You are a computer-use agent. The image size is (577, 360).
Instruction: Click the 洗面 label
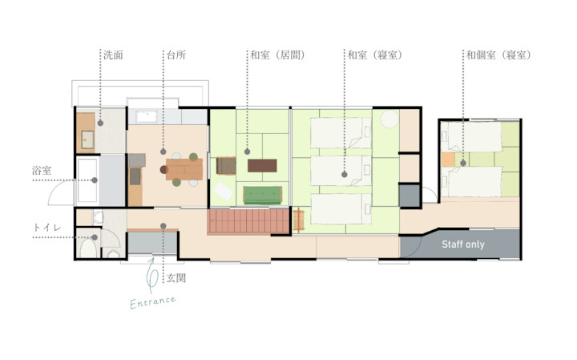point(113,55)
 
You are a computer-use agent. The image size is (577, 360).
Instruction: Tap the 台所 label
point(176,55)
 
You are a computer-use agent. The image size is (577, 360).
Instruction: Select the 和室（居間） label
point(278,55)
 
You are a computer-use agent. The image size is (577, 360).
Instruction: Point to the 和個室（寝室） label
point(498,55)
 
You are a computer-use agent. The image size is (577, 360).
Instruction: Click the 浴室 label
point(42,171)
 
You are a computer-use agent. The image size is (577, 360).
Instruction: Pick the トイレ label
point(46,228)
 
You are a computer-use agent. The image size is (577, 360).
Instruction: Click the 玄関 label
point(176,278)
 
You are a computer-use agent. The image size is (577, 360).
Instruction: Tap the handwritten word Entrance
point(153,302)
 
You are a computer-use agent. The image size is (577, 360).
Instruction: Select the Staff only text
point(463,245)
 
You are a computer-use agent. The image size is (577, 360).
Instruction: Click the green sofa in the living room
point(263,195)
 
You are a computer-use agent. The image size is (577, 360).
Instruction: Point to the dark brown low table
point(262,166)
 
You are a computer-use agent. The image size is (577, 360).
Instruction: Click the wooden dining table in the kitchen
point(184,169)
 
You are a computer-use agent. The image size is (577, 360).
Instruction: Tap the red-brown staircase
point(248,220)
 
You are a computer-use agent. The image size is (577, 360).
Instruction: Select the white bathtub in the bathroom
point(87,180)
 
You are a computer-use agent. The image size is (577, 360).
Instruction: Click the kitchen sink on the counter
point(147,117)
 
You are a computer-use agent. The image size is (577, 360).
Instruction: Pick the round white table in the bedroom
point(389,119)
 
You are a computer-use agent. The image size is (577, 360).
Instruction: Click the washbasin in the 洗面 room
point(87,140)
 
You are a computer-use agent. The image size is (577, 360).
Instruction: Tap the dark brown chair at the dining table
point(163,170)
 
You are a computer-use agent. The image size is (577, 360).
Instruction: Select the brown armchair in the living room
point(226,166)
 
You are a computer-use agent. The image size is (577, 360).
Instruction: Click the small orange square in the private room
point(448,160)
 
